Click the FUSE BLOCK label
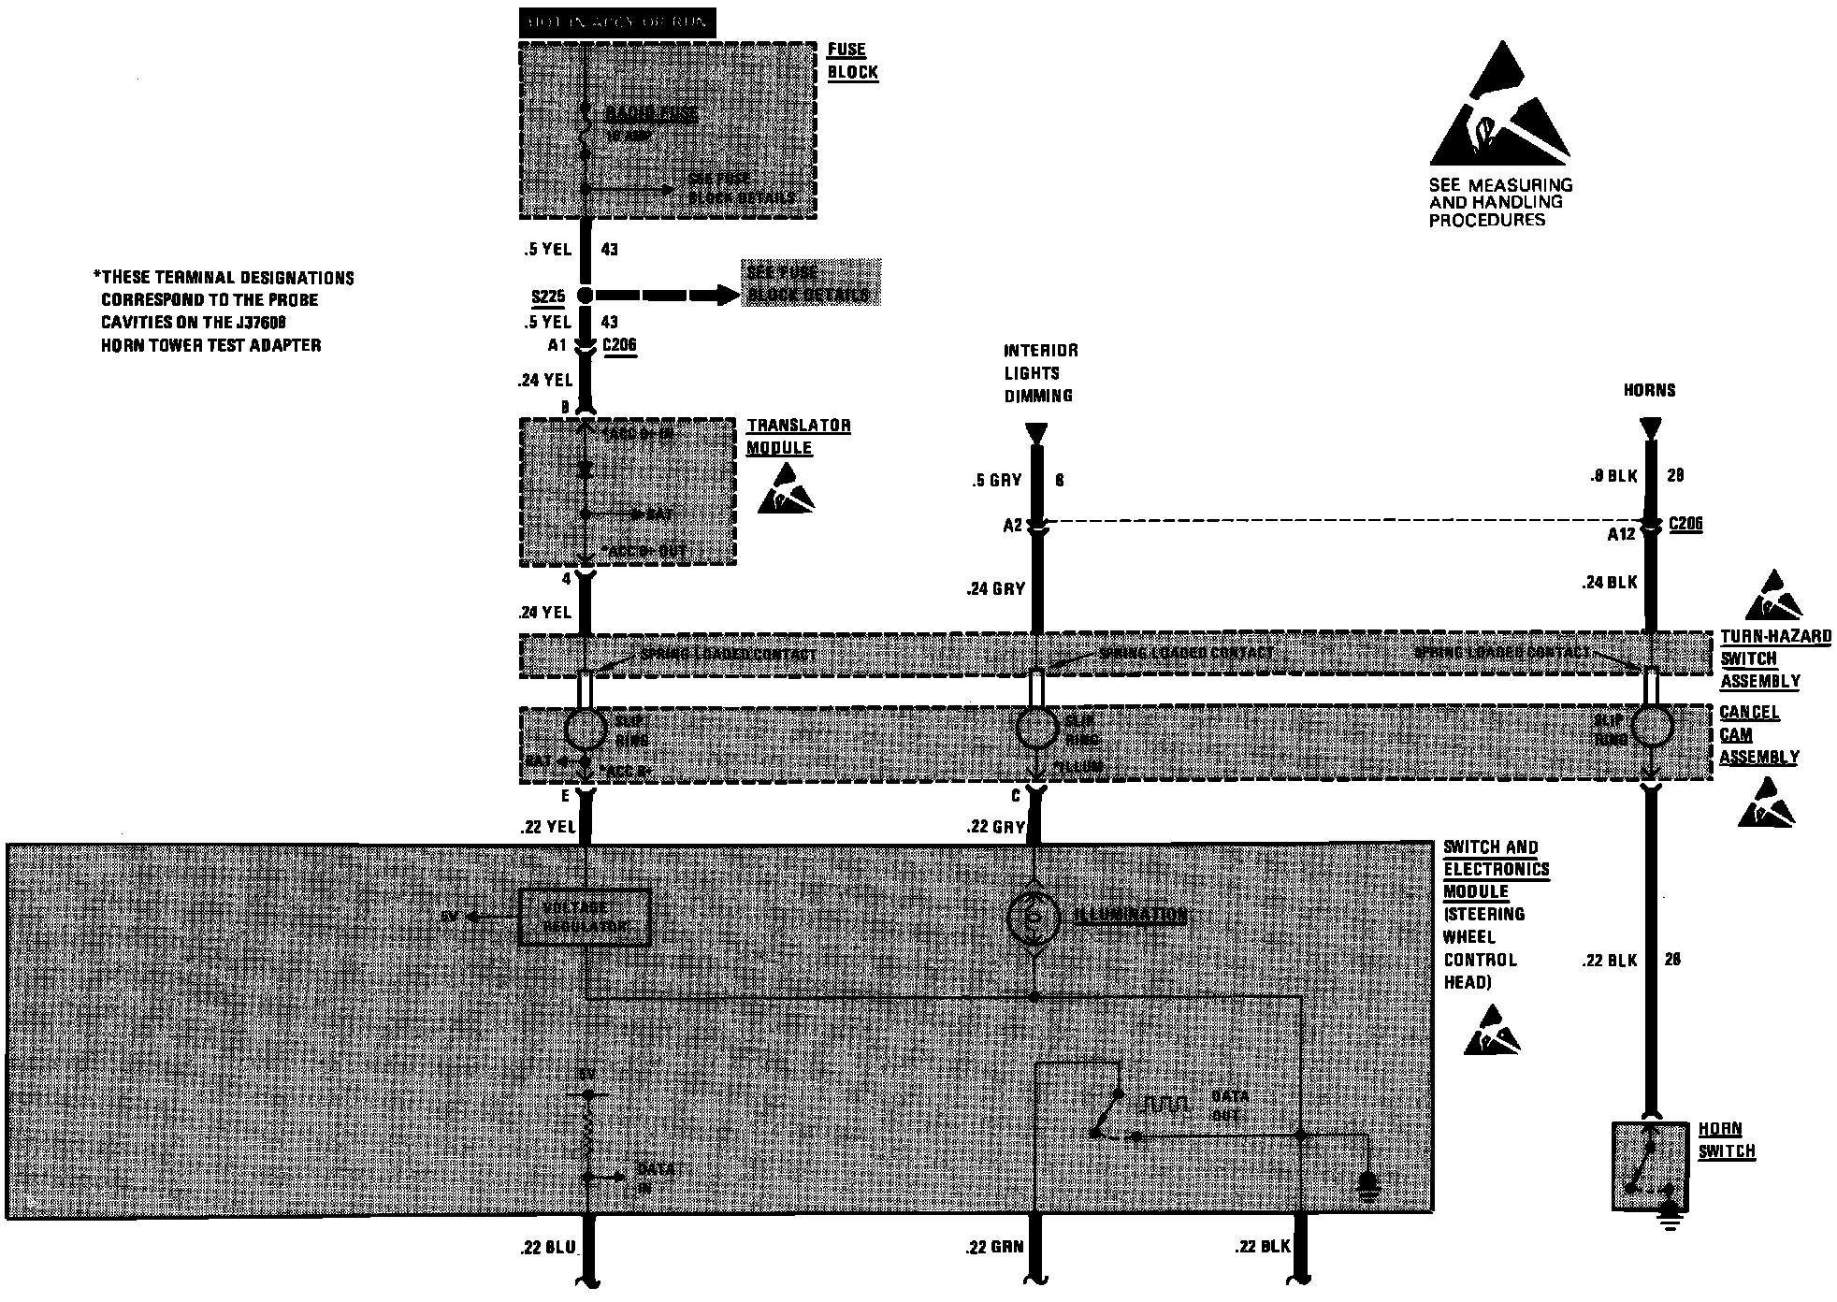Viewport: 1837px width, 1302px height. coord(852,61)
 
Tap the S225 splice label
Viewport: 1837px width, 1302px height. coord(548,297)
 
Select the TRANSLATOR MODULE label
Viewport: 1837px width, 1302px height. coord(798,437)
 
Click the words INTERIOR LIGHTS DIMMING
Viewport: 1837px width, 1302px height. coord(1040,373)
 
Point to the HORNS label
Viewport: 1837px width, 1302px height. coord(1649,390)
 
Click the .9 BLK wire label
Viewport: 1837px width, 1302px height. coord(1614,476)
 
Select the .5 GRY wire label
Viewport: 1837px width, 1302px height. coord(996,481)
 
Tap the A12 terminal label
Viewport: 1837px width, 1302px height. coord(1621,534)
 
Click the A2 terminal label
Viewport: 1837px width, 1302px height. coord(1012,526)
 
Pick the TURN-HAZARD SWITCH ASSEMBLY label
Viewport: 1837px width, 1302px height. coord(1774,658)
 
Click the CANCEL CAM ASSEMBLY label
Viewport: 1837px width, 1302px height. coord(1758,735)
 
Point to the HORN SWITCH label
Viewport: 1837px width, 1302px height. coord(1726,1140)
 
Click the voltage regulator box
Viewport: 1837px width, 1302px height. coord(586,918)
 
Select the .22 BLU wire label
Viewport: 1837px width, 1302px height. coord(547,1247)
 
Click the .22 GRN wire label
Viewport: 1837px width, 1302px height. coord(995,1247)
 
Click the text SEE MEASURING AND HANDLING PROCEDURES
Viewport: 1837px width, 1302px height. coord(1500,202)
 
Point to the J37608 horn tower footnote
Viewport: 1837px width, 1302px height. coord(224,311)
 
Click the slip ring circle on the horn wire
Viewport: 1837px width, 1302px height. coord(1652,726)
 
